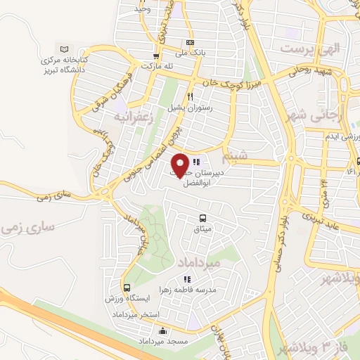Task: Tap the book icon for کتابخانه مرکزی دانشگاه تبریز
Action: coord(65,49)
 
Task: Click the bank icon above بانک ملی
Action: coord(189,42)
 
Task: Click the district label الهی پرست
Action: coord(309,49)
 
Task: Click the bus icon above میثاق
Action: coord(202,219)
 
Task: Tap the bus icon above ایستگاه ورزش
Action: coord(127,288)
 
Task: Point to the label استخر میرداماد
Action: coord(136,313)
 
